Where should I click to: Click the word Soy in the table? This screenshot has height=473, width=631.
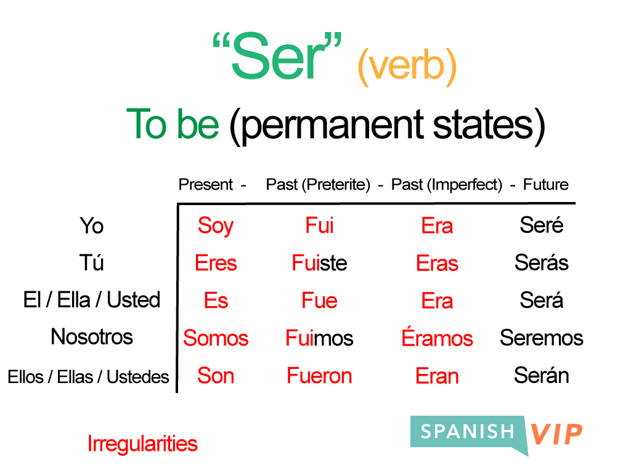pyautogui.click(x=215, y=226)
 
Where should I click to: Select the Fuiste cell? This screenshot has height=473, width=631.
pyautogui.click(x=319, y=264)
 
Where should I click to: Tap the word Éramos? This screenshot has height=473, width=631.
pyautogui.click(x=437, y=338)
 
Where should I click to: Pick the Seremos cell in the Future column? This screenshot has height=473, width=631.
pyautogui.click(x=541, y=338)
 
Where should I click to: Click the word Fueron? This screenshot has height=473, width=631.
pyautogui.click(x=319, y=376)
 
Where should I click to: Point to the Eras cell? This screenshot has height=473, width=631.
pyautogui.click(x=437, y=264)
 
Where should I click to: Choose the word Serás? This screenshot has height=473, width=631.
pyautogui.click(x=541, y=263)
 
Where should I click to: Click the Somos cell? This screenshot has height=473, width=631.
pyautogui.click(x=216, y=338)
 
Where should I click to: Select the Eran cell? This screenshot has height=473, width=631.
pyautogui.click(x=437, y=376)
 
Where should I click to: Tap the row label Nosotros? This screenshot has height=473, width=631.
pyautogui.click(x=92, y=337)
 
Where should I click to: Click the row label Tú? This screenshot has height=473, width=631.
pyautogui.click(x=92, y=263)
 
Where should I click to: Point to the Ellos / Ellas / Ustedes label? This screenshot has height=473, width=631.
pyautogui.click(x=88, y=376)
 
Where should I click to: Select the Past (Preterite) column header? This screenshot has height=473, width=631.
pyautogui.click(x=318, y=184)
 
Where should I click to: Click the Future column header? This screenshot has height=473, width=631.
pyautogui.click(x=545, y=184)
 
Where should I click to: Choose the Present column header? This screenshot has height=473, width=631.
pyautogui.click(x=206, y=184)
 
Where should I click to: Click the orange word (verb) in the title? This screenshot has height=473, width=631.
pyautogui.click(x=407, y=67)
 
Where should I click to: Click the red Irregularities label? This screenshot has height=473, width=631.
pyautogui.click(x=142, y=443)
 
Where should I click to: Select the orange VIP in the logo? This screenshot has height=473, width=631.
pyautogui.click(x=556, y=434)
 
